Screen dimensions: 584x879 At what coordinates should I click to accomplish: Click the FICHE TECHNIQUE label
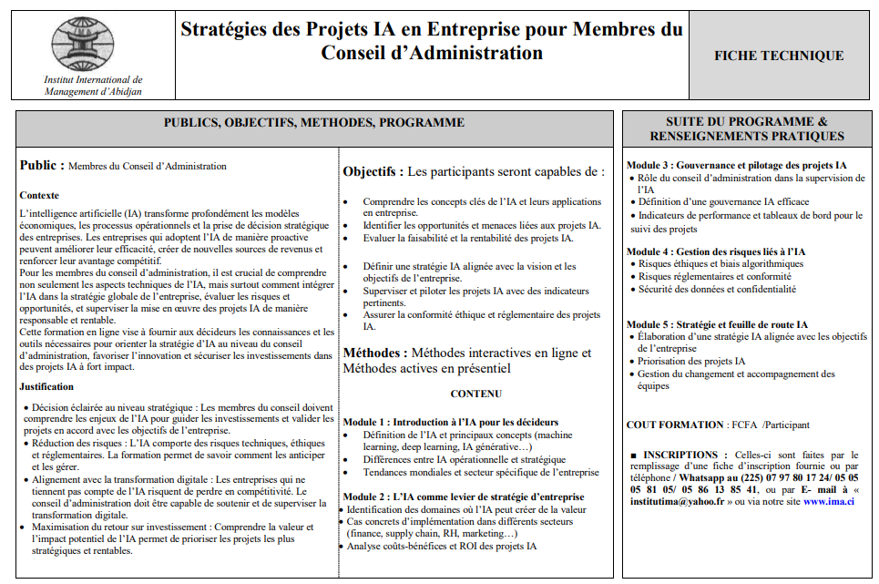pos(779,56)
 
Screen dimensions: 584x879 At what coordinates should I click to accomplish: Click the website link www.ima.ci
pos(829,501)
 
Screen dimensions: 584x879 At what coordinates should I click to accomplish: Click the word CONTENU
pos(475,394)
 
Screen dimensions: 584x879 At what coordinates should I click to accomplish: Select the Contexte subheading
pos(39,195)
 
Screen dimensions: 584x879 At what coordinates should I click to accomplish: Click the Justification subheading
pos(46,386)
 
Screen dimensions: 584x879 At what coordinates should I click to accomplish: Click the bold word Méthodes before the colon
pos(373,353)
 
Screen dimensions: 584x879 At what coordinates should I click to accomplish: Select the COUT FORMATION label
pos(675,425)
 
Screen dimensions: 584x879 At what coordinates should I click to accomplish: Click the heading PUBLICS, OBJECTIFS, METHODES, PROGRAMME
pos(314,123)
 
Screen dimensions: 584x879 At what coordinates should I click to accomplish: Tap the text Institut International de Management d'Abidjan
pos(93,86)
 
